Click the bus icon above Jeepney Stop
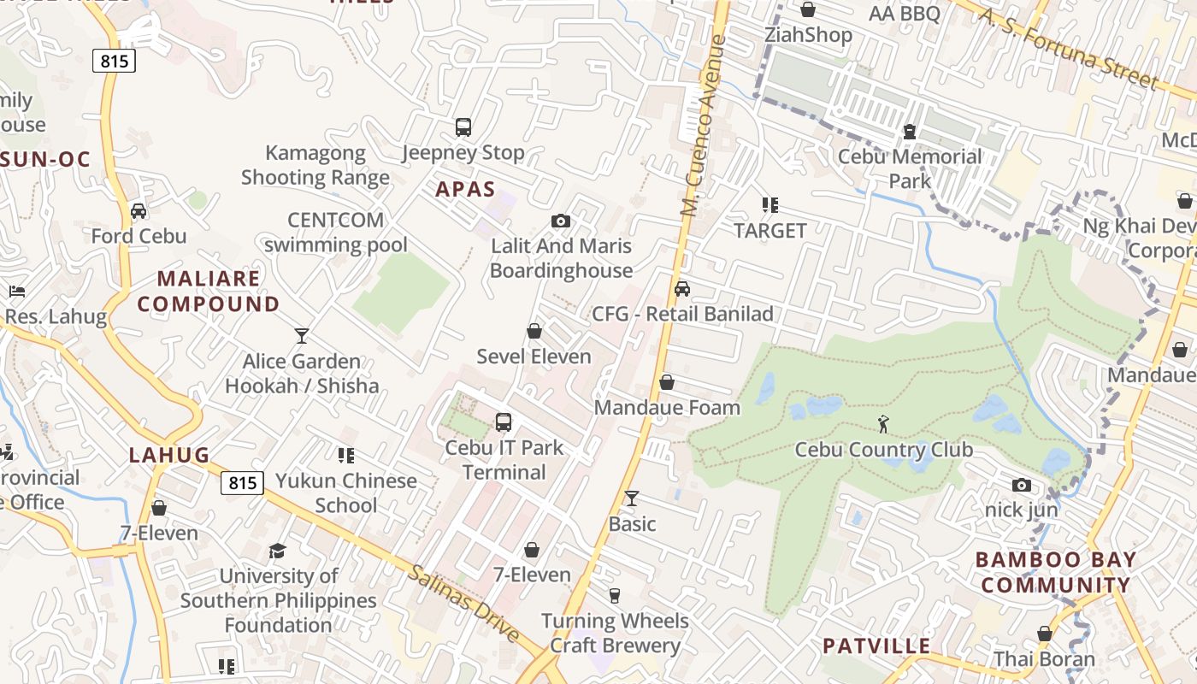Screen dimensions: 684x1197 tap(463, 127)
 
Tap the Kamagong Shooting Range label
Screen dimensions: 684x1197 tap(315, 165)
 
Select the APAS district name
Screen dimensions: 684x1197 tap(465, 189)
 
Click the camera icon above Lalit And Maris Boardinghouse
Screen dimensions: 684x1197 tap(560, 221)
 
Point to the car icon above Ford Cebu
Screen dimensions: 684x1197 tap(139, 211)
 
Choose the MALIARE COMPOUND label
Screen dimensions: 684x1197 tap(209, 291)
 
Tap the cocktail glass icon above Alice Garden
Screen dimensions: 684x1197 tap(301, 335)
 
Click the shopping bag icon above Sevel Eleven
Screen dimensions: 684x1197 tap(534, 331)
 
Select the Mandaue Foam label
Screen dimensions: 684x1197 tap(667, 407)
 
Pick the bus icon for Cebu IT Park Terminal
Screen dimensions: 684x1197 tap(504, 422)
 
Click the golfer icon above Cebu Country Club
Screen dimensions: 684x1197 tap(883, 423)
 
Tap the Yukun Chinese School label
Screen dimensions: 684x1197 tap(345, 492)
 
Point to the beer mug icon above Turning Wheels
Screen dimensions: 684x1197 tap(614, 595)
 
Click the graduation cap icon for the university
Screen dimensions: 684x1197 tap(277, 551)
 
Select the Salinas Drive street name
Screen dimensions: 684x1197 tap(463, 604)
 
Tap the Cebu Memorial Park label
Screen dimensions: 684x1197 tap(910, 168)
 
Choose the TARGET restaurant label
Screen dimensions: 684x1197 tap(770, 231)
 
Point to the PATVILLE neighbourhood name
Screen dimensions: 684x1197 tap(876, 646)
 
